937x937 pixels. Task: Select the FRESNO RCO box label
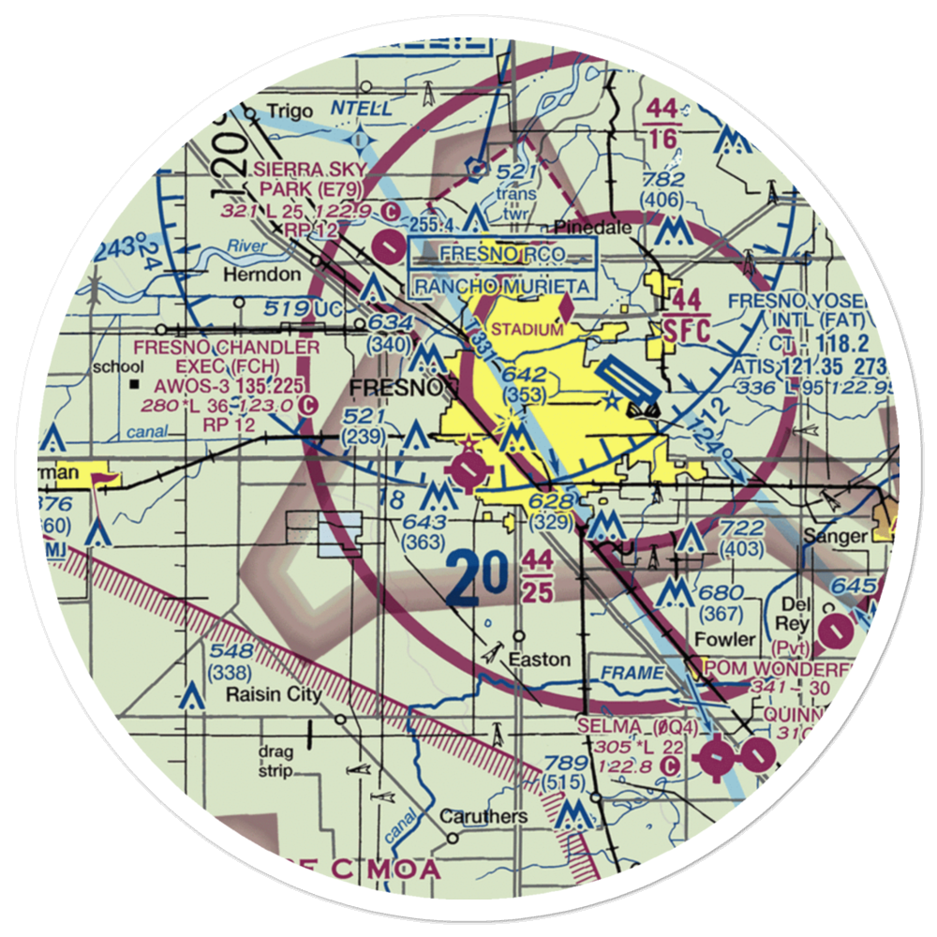tap(502, 253)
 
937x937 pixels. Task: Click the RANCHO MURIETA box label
tap(503, 286)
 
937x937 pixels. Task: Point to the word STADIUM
tap(527, 330)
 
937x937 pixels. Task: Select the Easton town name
tap(539, 660)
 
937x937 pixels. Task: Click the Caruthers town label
tap(484, 816)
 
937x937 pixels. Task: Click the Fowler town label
tap(725, 639)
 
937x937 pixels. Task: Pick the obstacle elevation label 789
tap(565, 763)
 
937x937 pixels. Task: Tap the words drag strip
tap(276, 761)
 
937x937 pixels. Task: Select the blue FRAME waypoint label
tap(632, 673)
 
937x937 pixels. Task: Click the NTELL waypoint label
tap(363, 110)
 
